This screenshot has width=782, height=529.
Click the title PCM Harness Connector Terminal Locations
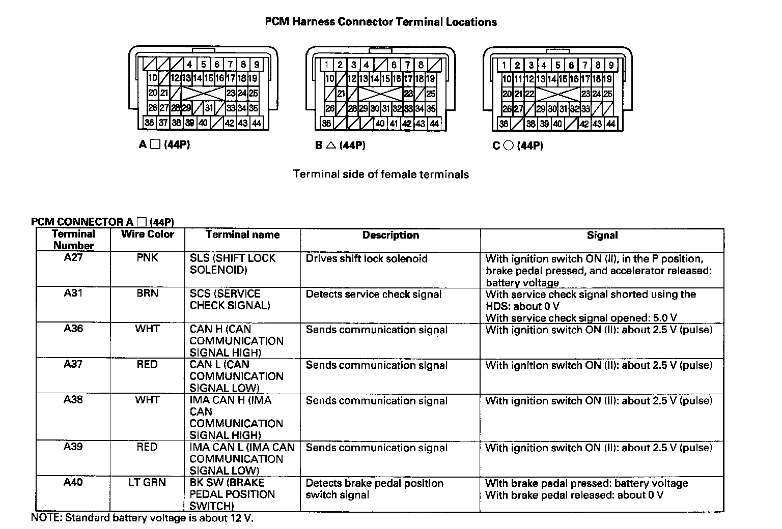click(x=381, y=22)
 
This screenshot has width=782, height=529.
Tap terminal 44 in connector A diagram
click(x=256, y=123)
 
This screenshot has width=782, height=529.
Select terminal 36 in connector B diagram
click(x=326, y=123)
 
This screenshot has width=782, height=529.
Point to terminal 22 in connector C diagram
click(x=530, y=94)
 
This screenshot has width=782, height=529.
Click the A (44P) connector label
click(x=164, y=145)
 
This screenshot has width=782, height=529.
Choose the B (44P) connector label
click(x=340, y=145)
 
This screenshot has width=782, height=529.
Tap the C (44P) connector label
click(x=518, y=146)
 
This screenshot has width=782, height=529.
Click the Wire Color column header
click(x=147, y=234)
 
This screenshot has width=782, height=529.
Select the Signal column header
click(x=602, y=235)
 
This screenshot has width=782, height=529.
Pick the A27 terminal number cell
click(x=73, y=257)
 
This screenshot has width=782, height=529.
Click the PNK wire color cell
click(x=147, y=258)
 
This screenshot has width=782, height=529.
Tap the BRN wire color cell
click(x=147, y=293)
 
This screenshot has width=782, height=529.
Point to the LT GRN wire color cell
click(x=147, y=482)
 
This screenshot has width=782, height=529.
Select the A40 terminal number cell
click(x=73, y=482)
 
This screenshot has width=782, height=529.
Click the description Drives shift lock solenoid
click(x=367, y=258)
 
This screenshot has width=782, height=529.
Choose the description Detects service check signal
click(x=374, y=294)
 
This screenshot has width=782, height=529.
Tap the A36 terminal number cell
click(x=73, y=329)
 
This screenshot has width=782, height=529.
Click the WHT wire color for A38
click(x=147, y=400)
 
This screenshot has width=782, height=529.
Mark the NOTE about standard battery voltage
click(x=143, y=518)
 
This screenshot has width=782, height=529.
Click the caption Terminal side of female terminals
click(x=381, y=174)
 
